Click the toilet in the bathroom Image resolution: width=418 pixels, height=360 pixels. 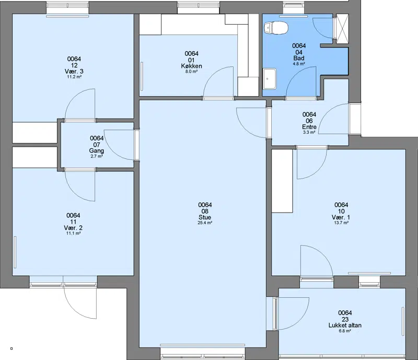[276, 28]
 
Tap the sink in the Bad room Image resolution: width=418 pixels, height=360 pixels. [270, 79]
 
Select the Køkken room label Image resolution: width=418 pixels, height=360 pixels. [191, 66]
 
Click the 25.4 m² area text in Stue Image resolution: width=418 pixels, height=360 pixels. [205, 223]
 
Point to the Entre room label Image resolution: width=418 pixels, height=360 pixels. [309, 127]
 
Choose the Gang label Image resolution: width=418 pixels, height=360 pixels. [97, 150]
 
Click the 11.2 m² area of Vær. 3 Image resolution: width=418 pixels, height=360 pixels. [74, 77]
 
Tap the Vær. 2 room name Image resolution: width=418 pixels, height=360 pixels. [73, 228]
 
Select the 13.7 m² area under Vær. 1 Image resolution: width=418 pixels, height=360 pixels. [341, 223]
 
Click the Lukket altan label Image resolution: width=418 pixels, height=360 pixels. [345, 326]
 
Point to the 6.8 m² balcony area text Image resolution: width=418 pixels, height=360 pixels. [345, 331]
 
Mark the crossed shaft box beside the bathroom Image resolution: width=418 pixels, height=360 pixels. [342, 29]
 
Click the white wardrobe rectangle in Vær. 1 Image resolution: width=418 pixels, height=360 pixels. [282, 181]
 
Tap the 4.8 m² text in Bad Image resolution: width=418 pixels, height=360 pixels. [299, 64]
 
